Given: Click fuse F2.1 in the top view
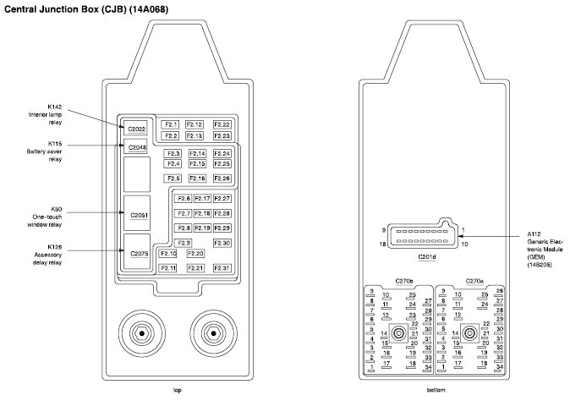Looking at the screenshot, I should click(171, 124).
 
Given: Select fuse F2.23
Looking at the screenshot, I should click(222, 135).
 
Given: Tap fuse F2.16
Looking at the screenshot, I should click(197, 179).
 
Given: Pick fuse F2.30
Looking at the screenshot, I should click(222, 243).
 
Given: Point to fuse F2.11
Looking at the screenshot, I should click(168, 268).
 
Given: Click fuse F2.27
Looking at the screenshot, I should click(222, 198).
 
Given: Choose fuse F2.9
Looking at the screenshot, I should click(184, 243).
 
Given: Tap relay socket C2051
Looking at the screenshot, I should click(140, 216).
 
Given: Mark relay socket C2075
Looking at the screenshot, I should click(140, 253).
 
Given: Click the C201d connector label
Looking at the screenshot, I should click(428, 258).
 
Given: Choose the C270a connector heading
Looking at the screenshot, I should click(474, 281).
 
